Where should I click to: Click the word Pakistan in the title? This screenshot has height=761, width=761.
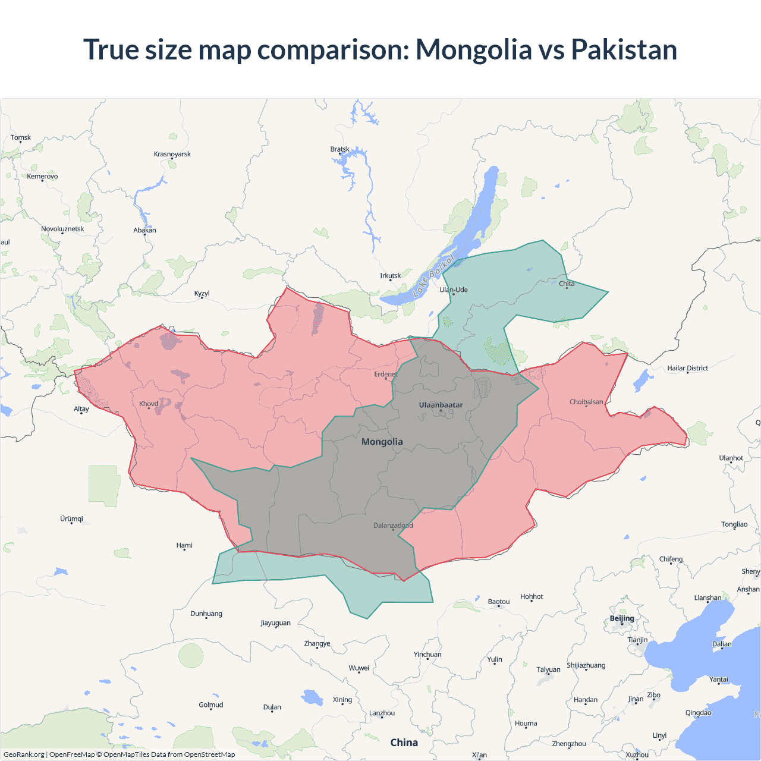pos(624,49)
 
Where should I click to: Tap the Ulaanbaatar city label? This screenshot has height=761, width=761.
pos(441,405)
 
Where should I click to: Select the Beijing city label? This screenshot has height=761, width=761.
pos(622,618)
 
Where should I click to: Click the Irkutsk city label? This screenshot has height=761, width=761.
pos(391,275)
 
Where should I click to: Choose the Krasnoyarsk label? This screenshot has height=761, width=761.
pos(172,154)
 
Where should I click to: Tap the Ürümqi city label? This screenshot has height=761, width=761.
pos(71,518)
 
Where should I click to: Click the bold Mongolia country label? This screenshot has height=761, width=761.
pos(382,442)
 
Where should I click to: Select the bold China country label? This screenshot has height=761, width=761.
pos(404,742)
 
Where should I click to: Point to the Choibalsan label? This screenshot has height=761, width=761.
pos(586,402)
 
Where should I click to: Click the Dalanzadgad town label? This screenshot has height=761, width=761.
pos(393,525)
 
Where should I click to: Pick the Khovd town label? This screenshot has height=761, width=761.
pos(149,404)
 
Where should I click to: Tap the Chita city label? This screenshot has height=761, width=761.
pos(567,284)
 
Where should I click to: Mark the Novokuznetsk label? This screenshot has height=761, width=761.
pos(62,229)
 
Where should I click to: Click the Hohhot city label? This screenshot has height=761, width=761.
pos(532,596)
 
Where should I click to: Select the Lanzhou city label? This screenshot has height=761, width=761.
pos(382,713)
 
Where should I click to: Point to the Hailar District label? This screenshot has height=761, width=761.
pos(687,368)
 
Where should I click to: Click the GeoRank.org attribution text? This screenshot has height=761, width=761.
pos(24,754)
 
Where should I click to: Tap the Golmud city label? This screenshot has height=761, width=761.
pos(211,705)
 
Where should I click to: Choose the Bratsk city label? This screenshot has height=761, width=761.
pos(340,149)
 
